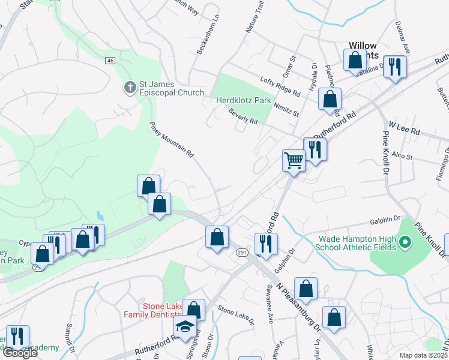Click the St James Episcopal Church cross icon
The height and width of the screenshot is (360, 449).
click(x=130, y=88)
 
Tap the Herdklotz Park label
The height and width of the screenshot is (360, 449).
click(x=244, y=100)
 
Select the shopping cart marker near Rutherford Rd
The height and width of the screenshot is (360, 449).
click(x=294, y=160)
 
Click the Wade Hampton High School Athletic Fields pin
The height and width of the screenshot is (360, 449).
click(x=405, y=243)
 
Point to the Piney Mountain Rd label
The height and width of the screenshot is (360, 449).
click(x=172, y=139)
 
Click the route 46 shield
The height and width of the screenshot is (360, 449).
click(x=110, y=61)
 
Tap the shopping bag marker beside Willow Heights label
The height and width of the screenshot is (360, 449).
click(x=355, y=61)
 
